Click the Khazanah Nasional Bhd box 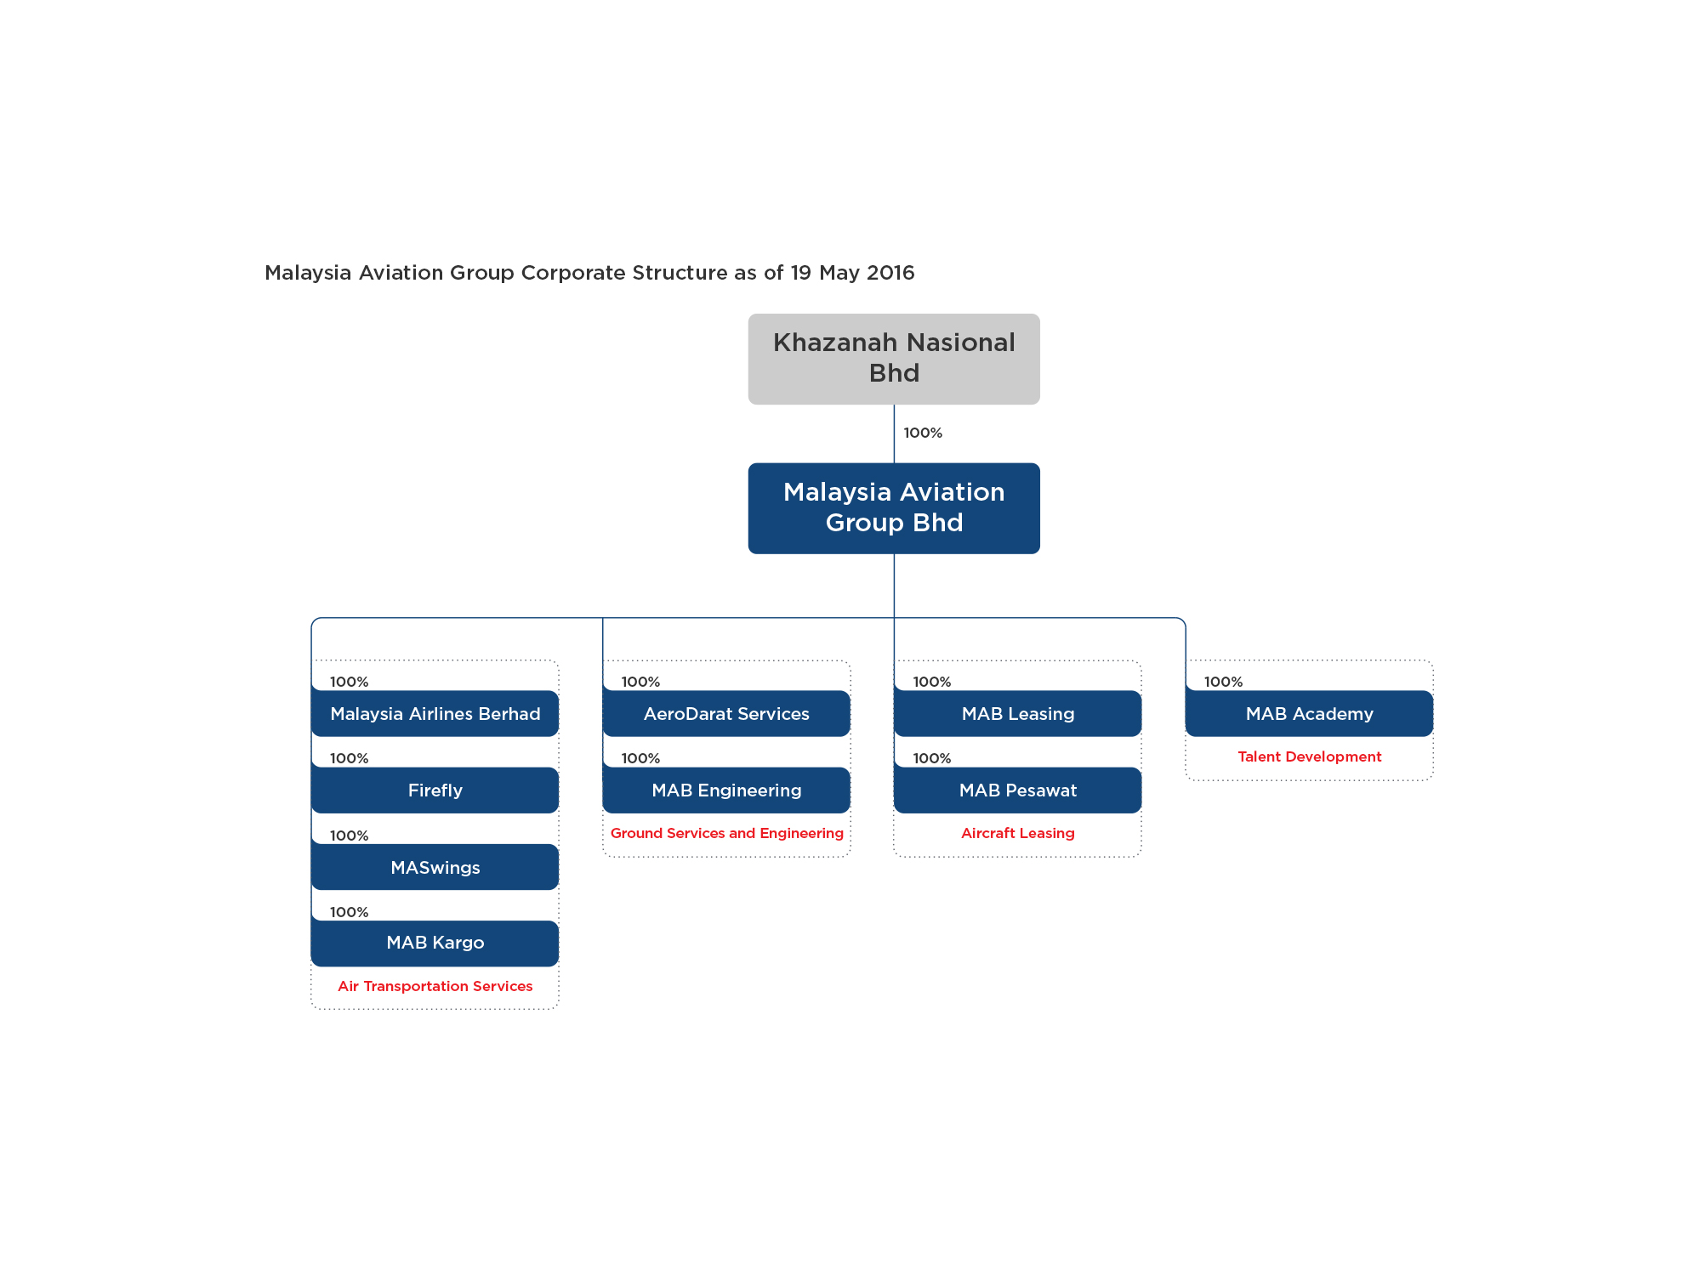(x=894, y=359)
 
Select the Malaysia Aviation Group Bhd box (x=894, y=508)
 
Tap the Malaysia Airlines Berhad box (x=435, y=713)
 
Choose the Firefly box (x=435, y=790)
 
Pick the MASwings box (x=435, y=867)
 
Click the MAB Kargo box (x=435, y=943)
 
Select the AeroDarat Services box (x=726, y=713)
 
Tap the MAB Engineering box (x=726, y=790)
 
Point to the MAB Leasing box (x=1018, y=713)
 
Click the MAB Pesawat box (x=1018, y=790)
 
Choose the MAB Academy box (x=1310, y=713)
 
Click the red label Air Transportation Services (x=435, y=986)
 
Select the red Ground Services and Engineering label (x=727, y=833)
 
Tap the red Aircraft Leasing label (x=1018, y=833)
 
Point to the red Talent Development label (x=1310, y=756)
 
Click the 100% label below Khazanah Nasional (x=923, y=433)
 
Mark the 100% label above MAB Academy (x=1223, y=682)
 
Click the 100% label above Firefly (x=349, y=758)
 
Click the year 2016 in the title (x=890, y=273)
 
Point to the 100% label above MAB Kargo (x=349, y=912)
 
